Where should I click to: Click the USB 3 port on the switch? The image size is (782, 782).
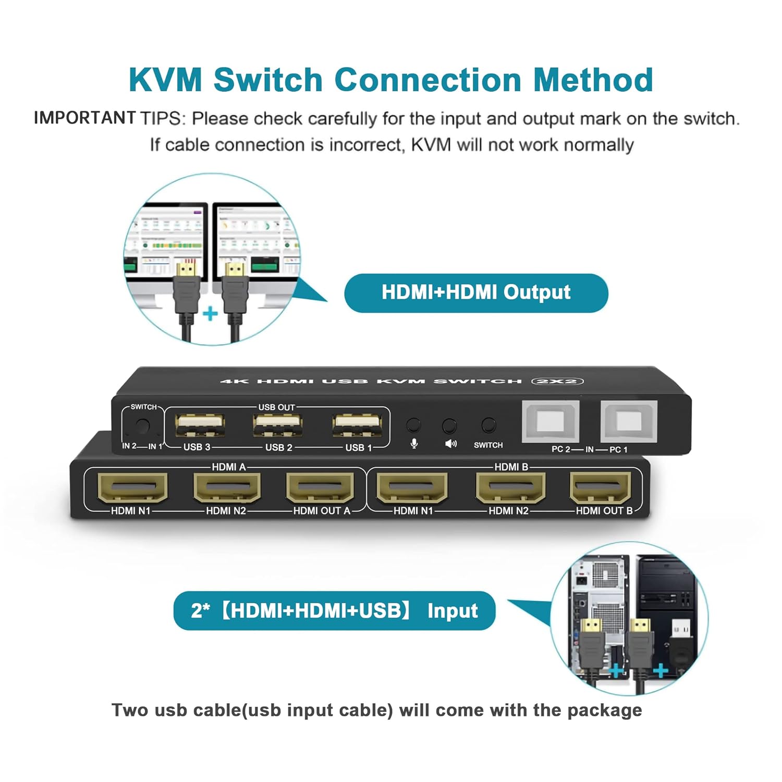[200, 424]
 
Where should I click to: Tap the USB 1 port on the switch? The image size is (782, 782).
[358, 424]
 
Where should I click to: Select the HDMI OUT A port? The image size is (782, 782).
[320, 487]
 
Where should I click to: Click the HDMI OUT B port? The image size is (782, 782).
[601, 487]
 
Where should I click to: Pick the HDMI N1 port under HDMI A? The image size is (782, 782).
[132, 487]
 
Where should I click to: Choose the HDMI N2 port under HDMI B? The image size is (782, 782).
[509, 487]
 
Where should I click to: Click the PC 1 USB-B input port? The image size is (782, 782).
[629, 421]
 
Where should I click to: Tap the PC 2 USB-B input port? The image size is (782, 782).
[551, 421]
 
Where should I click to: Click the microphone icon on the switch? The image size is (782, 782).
[414, 444]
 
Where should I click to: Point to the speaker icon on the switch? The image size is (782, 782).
[450, 444]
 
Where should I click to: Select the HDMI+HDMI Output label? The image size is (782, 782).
[476, 292]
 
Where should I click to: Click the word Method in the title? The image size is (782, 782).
[593, 80]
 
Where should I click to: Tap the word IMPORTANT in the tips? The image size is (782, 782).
[84, 118]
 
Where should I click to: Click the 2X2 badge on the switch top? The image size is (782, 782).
[557, 381]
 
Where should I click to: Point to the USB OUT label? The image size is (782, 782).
[276, 407]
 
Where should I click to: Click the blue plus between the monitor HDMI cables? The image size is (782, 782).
[210, 313]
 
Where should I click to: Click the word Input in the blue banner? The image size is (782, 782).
[452, 610]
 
